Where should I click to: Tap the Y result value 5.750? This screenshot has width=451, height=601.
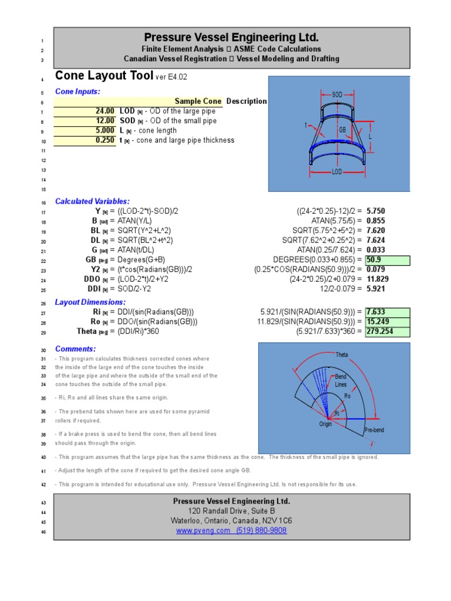(376, 211)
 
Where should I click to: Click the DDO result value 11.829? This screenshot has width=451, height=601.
(378, 279)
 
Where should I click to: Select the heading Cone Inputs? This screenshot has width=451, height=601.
(78, 92)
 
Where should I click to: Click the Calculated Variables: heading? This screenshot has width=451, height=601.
(92, 201)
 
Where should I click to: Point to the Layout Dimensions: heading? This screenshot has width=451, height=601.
(90, 302)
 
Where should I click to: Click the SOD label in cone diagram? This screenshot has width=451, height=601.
(337, 94)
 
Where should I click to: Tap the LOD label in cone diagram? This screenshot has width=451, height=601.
(337, 172)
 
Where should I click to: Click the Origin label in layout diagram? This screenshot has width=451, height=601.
(326, 424)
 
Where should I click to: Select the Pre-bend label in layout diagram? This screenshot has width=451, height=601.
(373, 430)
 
